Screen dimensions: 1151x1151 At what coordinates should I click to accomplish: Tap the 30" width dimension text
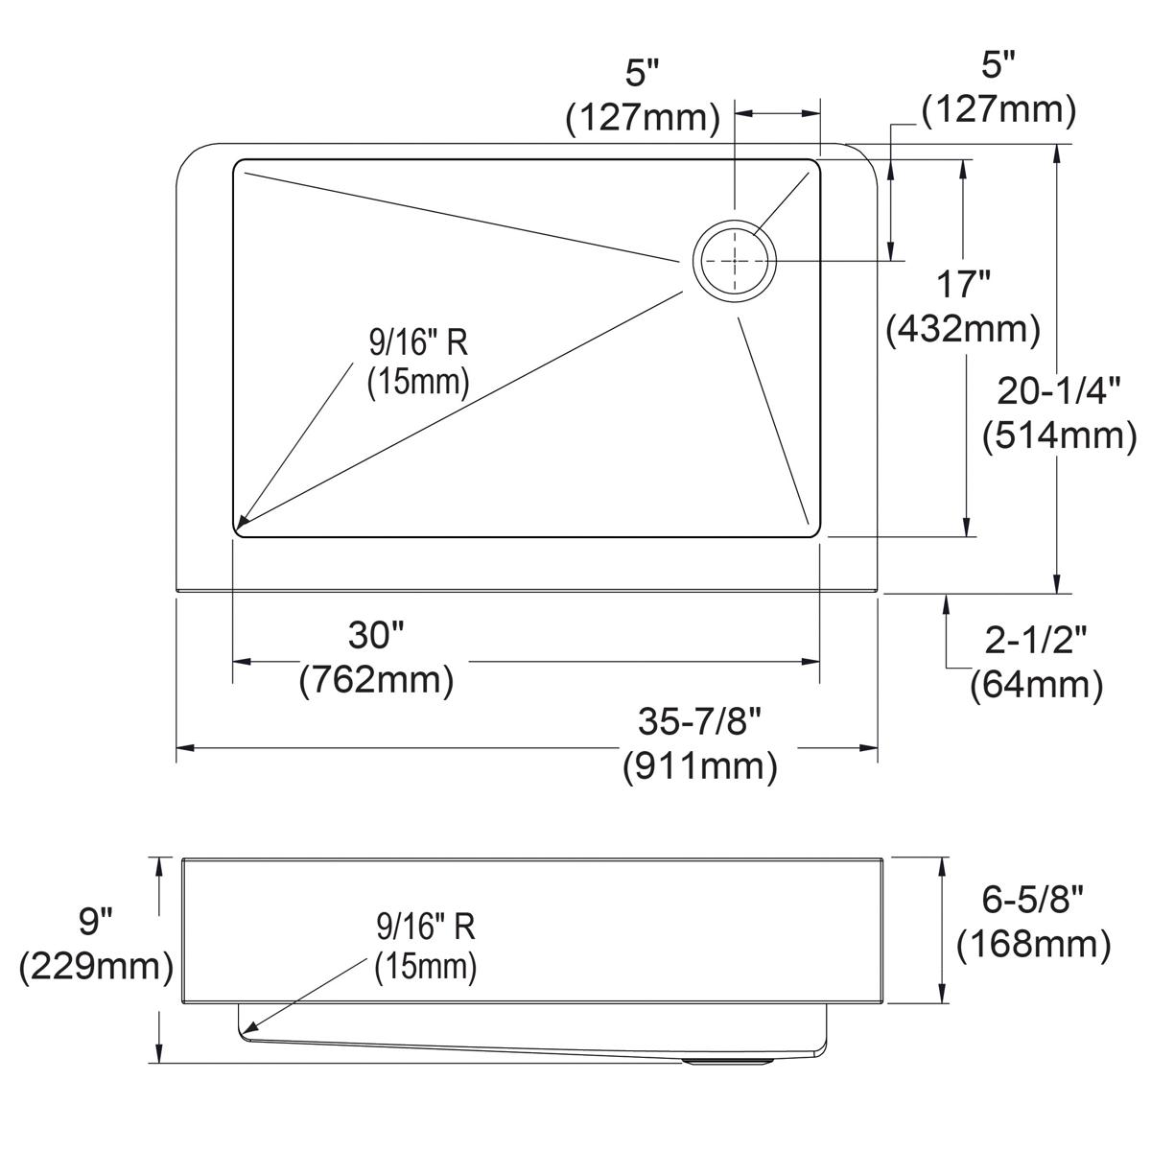coord(376,634)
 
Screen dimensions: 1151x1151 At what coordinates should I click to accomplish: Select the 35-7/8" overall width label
coord(699,721)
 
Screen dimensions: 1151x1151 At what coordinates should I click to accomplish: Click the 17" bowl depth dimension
coord(962,284)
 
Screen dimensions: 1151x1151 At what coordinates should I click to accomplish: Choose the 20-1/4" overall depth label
coord(1059,391)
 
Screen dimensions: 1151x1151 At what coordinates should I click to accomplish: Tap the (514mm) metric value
coord(1060,436)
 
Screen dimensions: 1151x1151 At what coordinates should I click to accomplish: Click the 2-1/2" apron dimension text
coord(1035,641)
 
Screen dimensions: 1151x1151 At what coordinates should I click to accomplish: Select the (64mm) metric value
coord(1036,685)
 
